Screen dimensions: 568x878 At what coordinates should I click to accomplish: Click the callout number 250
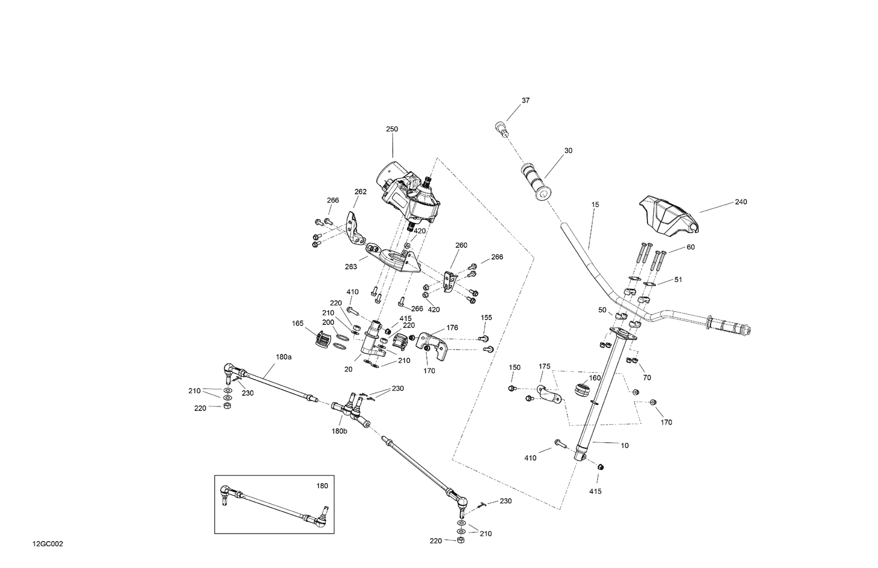(x=392, y=129)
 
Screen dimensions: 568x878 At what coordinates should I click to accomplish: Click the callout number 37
(x=525, y=101)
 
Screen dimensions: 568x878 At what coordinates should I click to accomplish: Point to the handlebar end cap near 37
(x=500, y=127)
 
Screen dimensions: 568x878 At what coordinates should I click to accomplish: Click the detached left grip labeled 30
(x=536, y=182)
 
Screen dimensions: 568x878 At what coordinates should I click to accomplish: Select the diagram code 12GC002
(x=48, y=544)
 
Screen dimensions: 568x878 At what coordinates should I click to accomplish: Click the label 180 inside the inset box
(x=322, y=486)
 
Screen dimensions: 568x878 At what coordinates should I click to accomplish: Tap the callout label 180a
(x=283, y=356)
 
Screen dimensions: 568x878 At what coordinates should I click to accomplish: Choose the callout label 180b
(x=339, y=431)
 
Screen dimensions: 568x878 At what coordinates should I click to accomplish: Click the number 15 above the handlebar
(x=595, y=205)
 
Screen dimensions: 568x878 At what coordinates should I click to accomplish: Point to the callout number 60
(x=690, y=247)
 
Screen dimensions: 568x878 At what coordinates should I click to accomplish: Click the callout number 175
(x=544, y=366)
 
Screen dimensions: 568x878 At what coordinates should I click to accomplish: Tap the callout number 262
(x=361, y=191)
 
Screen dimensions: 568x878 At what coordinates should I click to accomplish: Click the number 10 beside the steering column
(x=625, y=446)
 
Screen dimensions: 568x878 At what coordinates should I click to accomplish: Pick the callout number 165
(x=297, y=323)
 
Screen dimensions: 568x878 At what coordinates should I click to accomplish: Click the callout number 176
(x=452, y=328)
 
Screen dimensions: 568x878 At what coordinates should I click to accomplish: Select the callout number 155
(x=486, y=318)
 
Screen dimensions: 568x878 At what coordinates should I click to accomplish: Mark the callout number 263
(x=351, y=267)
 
